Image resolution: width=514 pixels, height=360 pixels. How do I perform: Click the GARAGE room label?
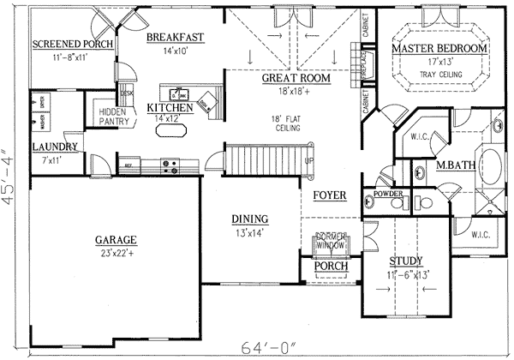pos(117,240)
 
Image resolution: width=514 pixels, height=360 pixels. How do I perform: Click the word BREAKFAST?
pos(174,38)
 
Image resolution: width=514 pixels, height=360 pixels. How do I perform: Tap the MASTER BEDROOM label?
pos(439,49)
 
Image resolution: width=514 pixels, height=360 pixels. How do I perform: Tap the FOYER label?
pos(329,195)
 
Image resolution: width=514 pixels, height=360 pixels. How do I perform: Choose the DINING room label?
pos(249,219)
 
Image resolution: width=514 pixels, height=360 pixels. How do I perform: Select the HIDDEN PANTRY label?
pos(113,117)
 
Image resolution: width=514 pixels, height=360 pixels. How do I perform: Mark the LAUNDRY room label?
pos(56,147)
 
